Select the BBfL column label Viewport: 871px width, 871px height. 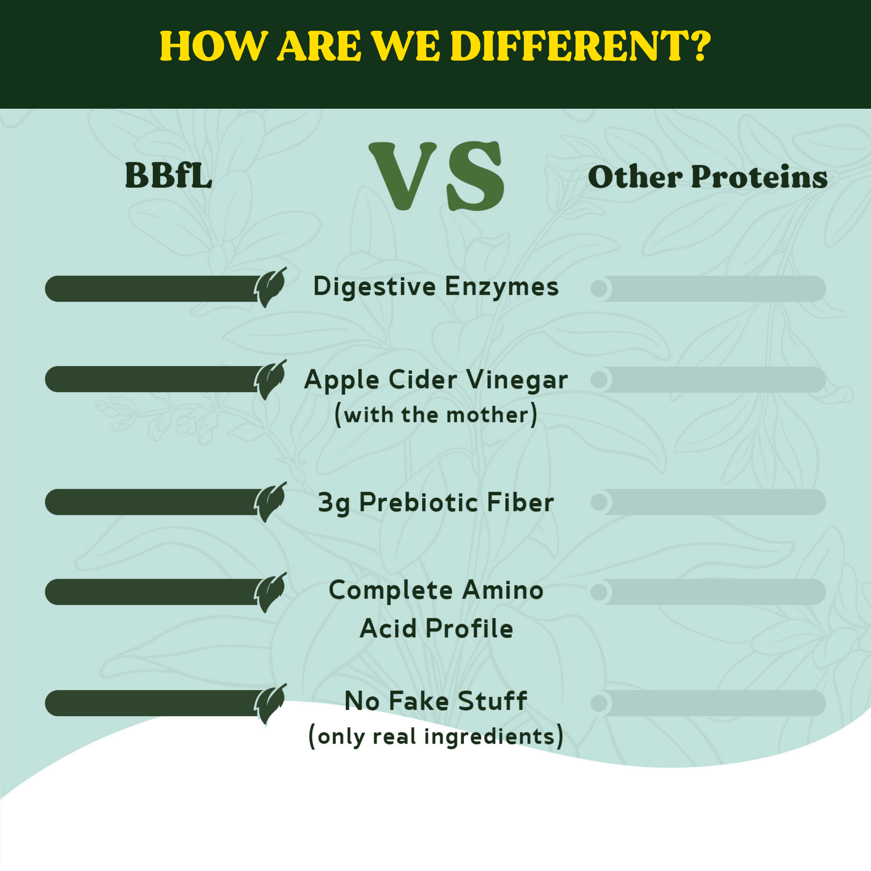pyautogui.click(x=168, y=176)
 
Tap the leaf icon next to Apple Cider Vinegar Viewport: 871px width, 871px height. pyautogui.click(x=270, y=380)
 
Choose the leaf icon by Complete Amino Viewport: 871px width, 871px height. pyautogui.click(x=270, y=592)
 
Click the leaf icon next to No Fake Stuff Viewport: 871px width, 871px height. pyautogui.click(x=270, y=703)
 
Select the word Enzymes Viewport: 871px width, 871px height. pyautogui.click(x=501, y=287)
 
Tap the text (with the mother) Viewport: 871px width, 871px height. pyautogui.click(x=435, y=415)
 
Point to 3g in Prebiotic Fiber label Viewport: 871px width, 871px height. pyautogui.click(x=334, y=503)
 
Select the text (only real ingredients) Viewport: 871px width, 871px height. pyautogui.click(x=435, y=737)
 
